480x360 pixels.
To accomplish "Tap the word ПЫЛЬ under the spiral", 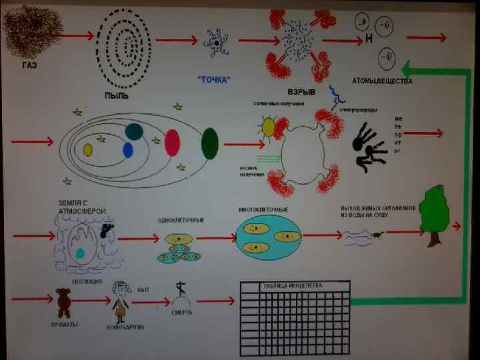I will (x=117, y=95).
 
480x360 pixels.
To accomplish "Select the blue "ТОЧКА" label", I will (x=214, y=79).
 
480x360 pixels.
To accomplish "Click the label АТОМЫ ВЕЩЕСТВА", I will (x=383, y=82).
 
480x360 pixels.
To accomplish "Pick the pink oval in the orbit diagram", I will (x=173, y=142).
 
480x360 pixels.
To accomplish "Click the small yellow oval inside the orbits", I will (x=88, y=149).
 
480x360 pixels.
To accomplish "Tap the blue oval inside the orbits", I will (x=128, y=150).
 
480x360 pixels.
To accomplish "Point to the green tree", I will (x=436, y=212).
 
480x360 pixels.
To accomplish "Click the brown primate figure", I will (x=64, y=302).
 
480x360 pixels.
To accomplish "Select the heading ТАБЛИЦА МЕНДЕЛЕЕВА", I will (x=293, y=286).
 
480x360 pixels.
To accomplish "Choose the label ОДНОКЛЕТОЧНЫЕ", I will (x=181, y=220).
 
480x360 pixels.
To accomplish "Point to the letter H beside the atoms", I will (x=369, y=38).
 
